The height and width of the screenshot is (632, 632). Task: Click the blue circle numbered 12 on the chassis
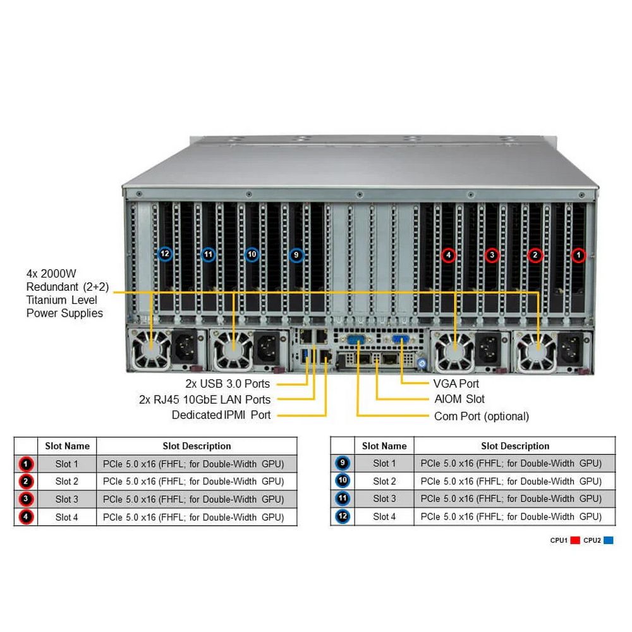[165, 254]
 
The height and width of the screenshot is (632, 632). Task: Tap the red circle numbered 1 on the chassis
[578, 255]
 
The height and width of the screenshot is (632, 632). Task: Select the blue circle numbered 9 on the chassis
[296, 255]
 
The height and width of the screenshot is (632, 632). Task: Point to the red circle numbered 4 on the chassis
[448, 255]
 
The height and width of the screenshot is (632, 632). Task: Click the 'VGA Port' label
[456, 384]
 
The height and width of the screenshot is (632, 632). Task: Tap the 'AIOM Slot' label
[459, 399]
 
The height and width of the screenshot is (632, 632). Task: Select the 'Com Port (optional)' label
[481, 416]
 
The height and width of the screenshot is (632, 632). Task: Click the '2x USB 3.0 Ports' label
[228, 384]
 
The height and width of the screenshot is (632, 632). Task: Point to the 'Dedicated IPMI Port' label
[221, 415]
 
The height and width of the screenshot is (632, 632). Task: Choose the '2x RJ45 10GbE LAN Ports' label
[205, 399]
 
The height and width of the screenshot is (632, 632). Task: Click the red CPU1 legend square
[575, 540]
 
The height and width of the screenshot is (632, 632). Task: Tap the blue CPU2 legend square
[608, 540]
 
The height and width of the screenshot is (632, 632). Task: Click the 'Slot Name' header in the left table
[67, 446]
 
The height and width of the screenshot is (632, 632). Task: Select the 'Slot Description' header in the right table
[515, 446]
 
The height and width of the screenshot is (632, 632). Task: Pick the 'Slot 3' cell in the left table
[67, 499]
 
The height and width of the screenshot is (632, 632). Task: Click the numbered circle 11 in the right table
[342, 499]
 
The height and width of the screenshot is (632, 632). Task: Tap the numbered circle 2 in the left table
[25, 482]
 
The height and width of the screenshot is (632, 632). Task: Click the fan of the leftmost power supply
[152, 349]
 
